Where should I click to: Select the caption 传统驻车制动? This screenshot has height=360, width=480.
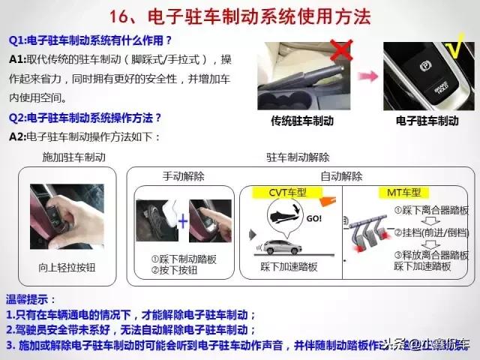(x=302, y=121)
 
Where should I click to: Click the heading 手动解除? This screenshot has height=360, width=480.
(x=184, y=176)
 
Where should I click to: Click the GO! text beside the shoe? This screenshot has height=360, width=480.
(x=316, y=219)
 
